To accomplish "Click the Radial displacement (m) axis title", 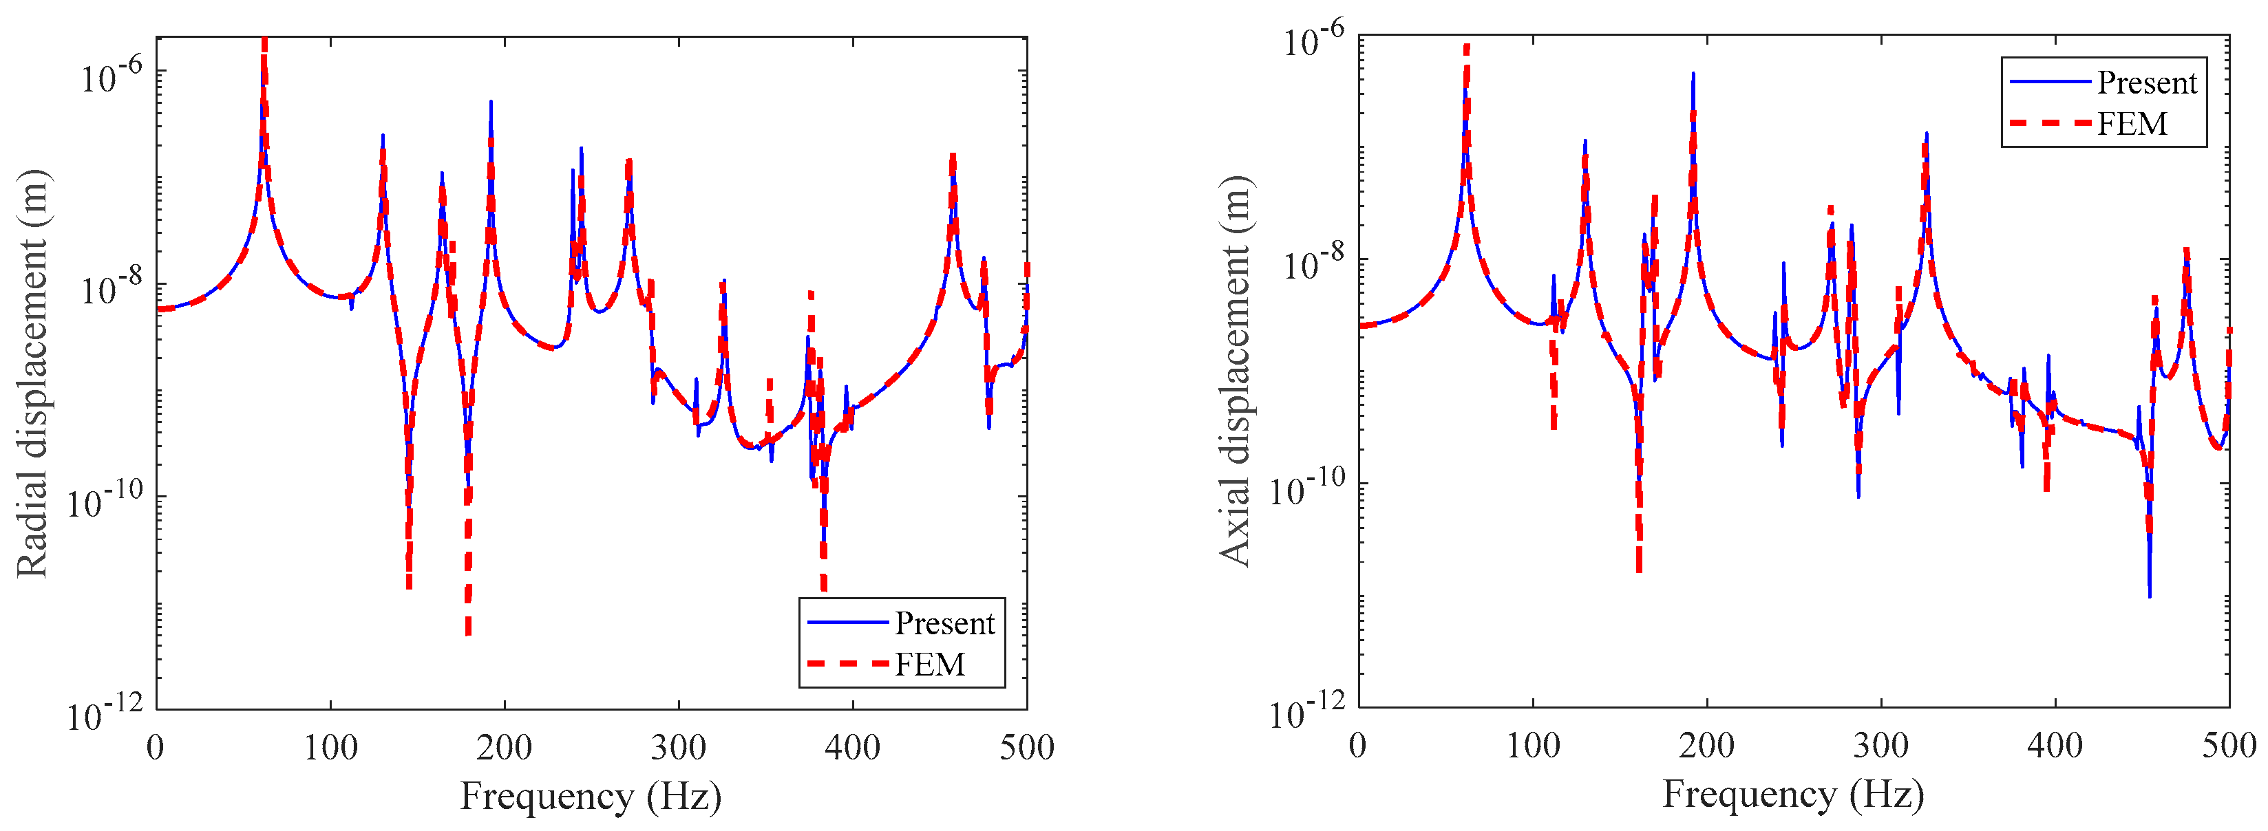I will [x=34, y=374].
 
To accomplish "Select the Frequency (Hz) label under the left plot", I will [x=591, y=796].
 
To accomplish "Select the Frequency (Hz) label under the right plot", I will [x=1792, y=794].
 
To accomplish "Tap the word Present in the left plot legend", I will [x=944, y=623].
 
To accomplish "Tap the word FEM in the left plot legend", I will [x=930, y=664].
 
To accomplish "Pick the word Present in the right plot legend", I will [x=2146, y=83].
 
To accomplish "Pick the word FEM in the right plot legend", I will [x=2132, y=123].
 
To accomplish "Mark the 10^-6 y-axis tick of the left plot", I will [x=111, y=76].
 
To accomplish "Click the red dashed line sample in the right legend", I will [x=2049, y=123].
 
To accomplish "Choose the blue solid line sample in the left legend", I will [x=847, y=623].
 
